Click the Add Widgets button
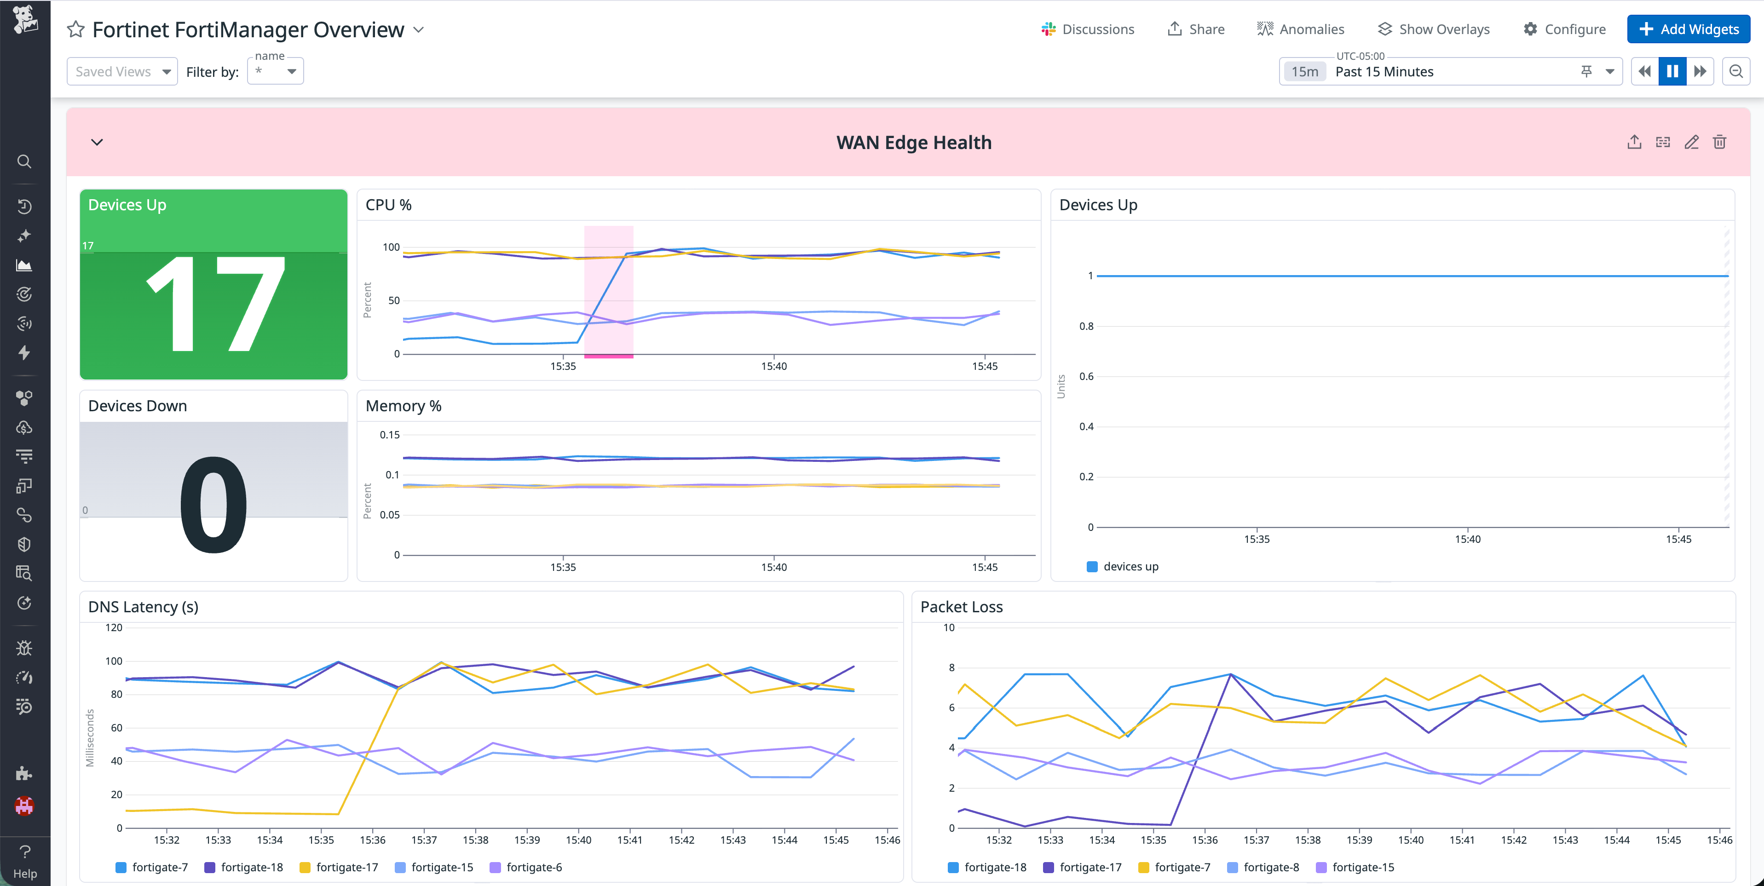click(x=1688, y=29)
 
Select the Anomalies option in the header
click(x=1300, y=29)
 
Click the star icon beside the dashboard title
click(x=75, y=29)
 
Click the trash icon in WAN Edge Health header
click(x=1719, y=143)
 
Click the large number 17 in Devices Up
click(x=213, y=305)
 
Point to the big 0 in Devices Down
click(x=213, y=505)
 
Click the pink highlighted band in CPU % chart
click(x=608, y=291)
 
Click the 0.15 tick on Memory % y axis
click(x=390, y=435)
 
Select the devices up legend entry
click(x=1130, y=566)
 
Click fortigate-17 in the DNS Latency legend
click(x=346, y=867)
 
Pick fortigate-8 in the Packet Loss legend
click(x=1270, y=867)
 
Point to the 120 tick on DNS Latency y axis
click(x=114, y=627)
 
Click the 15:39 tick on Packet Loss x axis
click(x=1359, y=840)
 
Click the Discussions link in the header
click(x=1088, y=29)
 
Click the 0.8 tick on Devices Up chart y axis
click(x=1086, y=326)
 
